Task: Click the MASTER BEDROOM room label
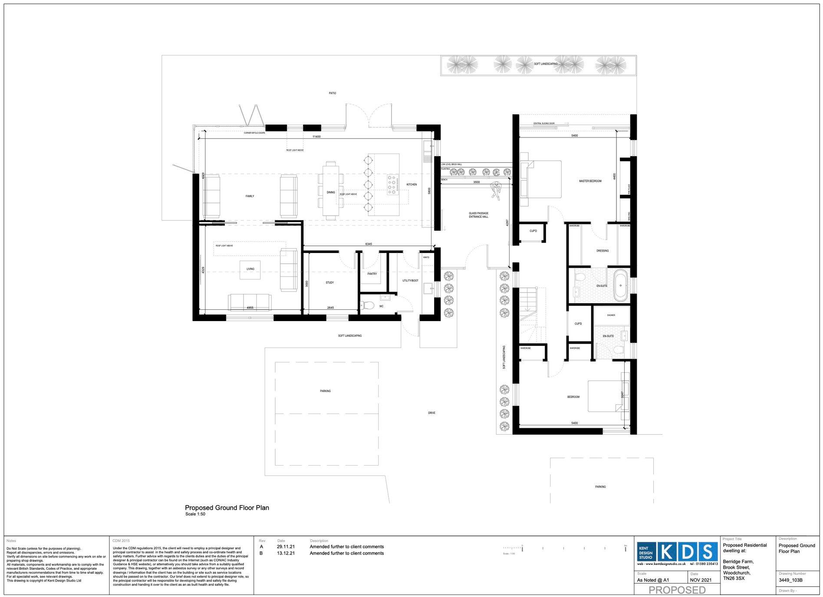(590, 181)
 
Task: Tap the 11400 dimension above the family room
(317, 137)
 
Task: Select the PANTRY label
(372, 274)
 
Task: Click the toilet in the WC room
(367, 305)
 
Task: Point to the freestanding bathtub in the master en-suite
(620, 285)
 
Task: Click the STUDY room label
(330, 283)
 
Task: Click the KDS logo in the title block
(687, 551)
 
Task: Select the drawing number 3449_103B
(790, 580)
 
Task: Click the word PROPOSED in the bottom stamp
(677, 590)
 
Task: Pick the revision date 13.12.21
(286, 553)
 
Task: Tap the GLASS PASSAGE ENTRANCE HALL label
(478, 215)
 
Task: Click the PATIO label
(332, 93)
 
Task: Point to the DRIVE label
(431, 413)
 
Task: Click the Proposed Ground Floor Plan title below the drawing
(227, 508)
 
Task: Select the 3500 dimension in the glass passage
(477, 182)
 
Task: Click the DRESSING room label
(602, 251)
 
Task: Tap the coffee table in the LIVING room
(250, 269)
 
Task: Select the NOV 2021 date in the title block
(701, 580)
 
